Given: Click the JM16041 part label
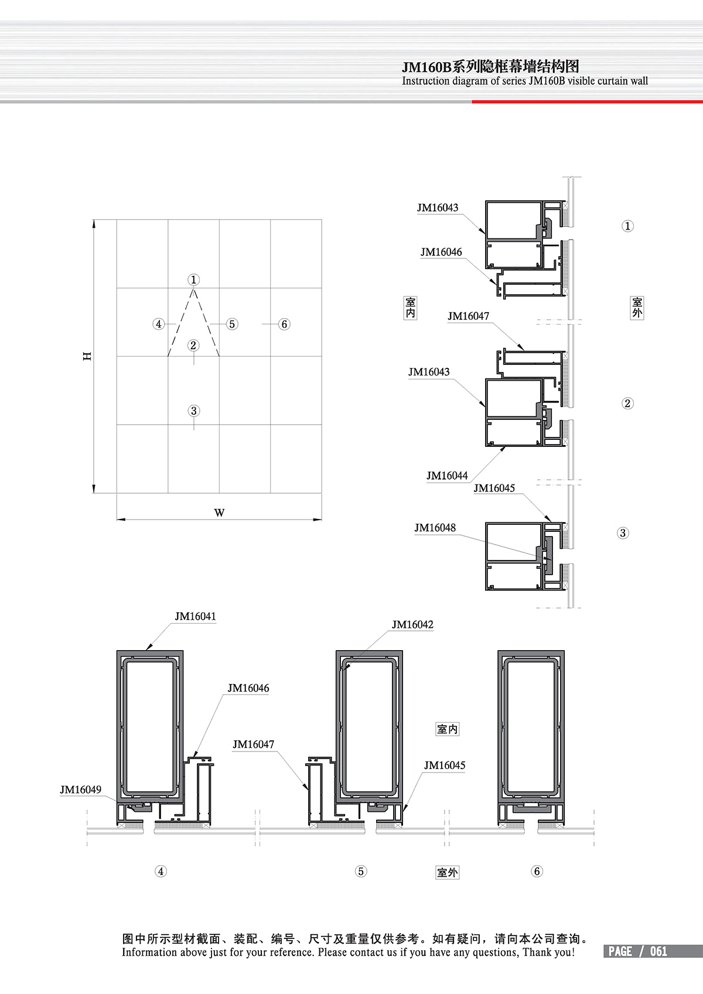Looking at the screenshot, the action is [195, 616].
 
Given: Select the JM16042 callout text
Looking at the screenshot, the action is [412, 625].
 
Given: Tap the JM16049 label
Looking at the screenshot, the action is [80, 790].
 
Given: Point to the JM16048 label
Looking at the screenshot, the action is [435, 528].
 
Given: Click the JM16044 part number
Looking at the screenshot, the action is [447, 476].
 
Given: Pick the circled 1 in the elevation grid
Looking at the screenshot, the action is [193, 279].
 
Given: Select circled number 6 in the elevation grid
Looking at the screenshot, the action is [285, 324].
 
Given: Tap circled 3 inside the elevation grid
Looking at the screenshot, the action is [193, 411].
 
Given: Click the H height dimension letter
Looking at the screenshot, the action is [87, 356].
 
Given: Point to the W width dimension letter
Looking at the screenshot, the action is [219, 513].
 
